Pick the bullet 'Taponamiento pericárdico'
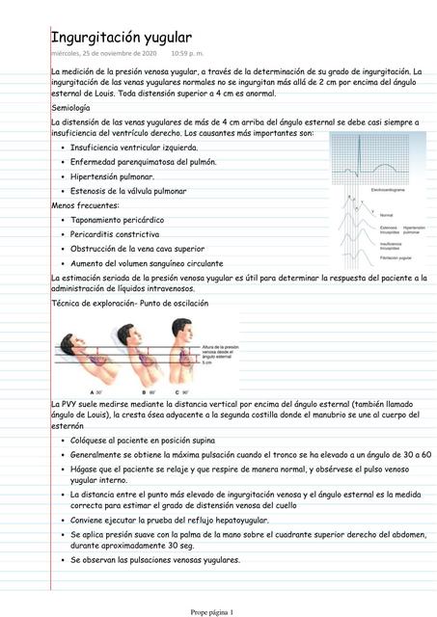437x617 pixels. click(x=117, y=220)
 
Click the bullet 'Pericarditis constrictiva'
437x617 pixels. click(x=115, y=234)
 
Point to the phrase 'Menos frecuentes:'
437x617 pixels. click(x=86, y=205)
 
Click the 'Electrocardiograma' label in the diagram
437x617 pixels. click(x=387, y=191)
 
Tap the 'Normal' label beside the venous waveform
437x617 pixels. click(x=386, y=214)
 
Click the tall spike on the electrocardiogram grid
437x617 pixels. click(x=376, y=149)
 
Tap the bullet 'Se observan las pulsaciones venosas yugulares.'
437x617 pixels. click(x=155, y=560)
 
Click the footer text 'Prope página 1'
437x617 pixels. click(x=218, y=611)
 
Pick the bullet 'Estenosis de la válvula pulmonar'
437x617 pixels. click(x=129, y=192)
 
